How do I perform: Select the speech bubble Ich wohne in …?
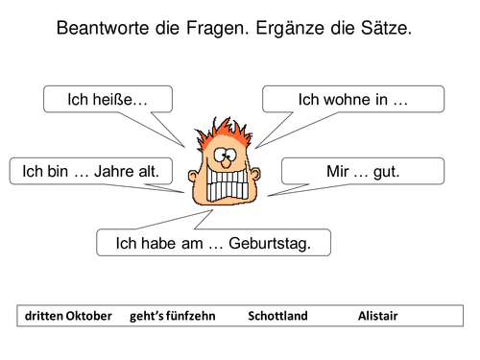pos(352,99)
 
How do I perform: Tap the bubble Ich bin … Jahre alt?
pos(91,172)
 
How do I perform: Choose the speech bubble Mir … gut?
pos(363,172)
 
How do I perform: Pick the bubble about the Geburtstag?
pos(213,243)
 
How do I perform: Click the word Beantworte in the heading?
pos(108,30)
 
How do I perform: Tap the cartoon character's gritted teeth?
pos(228,184)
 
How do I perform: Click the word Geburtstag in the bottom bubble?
pos(269,243)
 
